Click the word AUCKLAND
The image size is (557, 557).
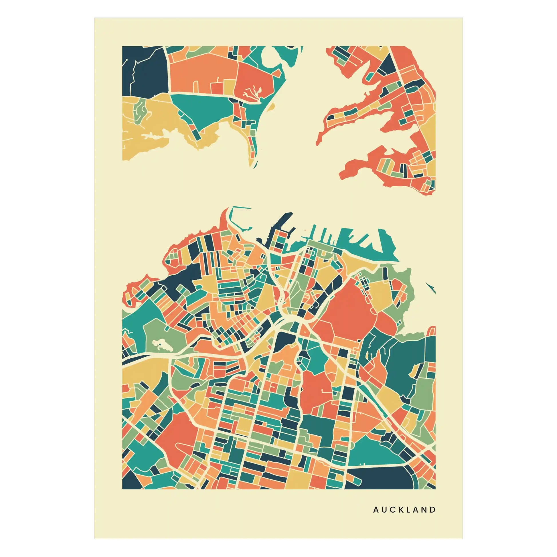point(404,510)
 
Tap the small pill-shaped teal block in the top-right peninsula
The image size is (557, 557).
point(369,77)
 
